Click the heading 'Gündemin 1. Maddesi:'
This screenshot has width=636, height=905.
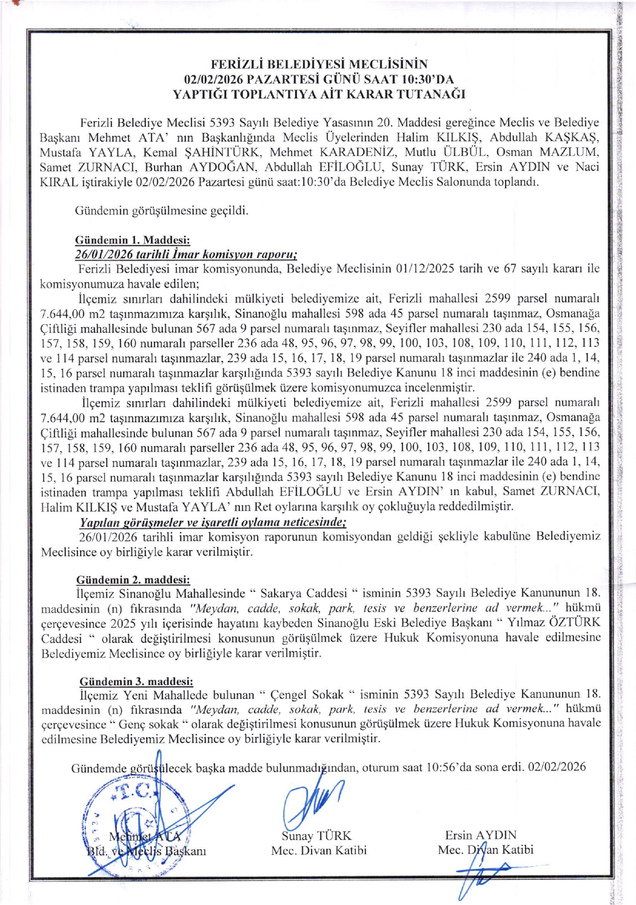132,240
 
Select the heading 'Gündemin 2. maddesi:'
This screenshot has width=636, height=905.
133,580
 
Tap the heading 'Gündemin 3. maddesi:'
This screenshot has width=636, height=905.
136,681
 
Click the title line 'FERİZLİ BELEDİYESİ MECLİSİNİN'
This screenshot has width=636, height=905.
319,64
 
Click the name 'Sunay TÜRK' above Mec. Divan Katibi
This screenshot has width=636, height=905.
316,836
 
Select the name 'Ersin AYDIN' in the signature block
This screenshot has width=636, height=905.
480,835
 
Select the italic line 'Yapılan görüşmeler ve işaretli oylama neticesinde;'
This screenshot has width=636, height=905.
213,522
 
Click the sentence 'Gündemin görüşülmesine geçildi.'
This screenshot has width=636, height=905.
162,210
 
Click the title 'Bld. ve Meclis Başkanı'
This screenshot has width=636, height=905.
146,851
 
